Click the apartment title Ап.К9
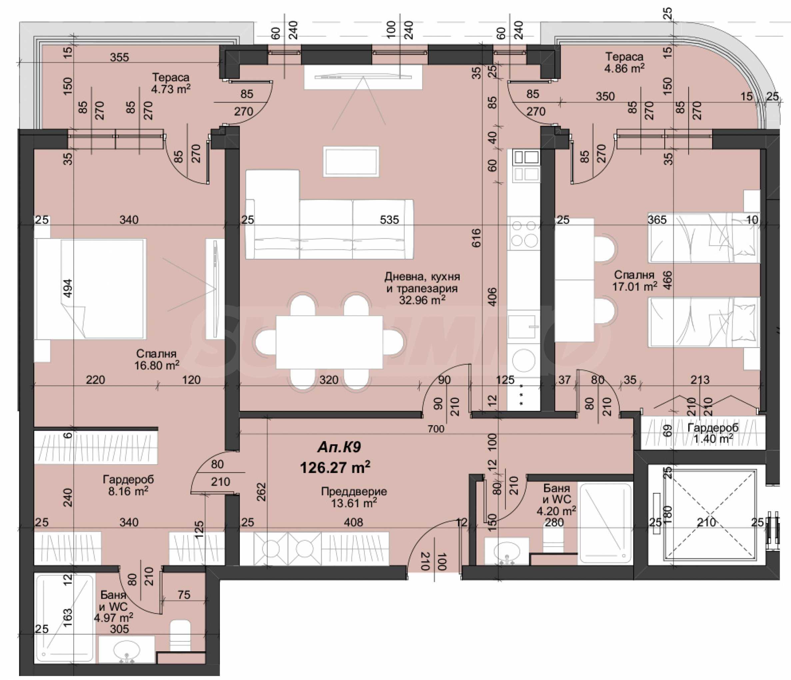click(339, 447)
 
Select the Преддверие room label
click(354, 492)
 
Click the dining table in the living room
click(329, 342)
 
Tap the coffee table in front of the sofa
click(351, 162)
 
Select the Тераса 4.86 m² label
click(624, 63)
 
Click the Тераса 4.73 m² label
click(171, 83)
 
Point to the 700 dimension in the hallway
click(435, 429)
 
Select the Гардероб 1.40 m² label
click(713, 434)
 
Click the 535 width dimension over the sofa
click(390, 219)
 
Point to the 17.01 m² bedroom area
click(635, 287)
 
